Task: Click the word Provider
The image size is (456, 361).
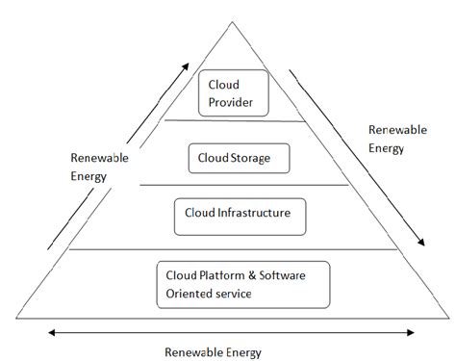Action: tap(232, 101)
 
